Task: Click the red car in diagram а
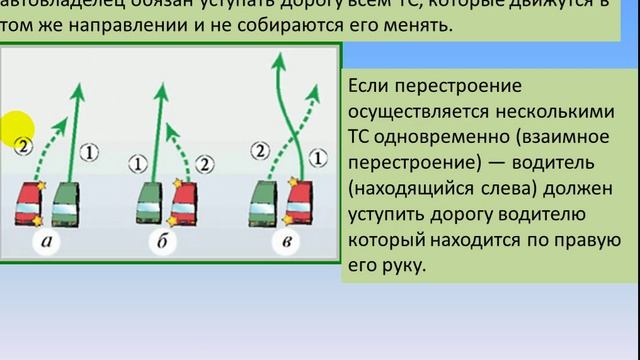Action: coord(29,204)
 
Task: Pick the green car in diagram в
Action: coord(264,204)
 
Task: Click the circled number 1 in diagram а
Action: coord(89,152)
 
